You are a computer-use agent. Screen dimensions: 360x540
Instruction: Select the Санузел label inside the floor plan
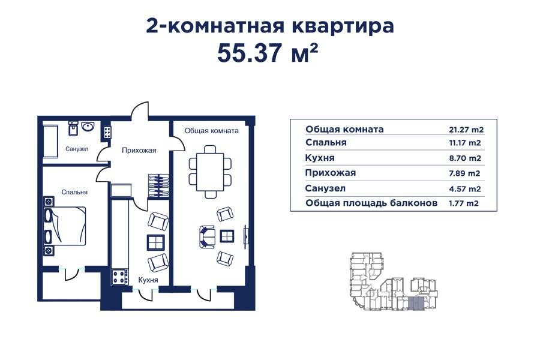coord(77,149)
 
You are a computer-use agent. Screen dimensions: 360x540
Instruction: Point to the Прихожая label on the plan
coord(139,151)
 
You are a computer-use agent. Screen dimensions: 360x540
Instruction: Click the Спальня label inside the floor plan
coord(74,192)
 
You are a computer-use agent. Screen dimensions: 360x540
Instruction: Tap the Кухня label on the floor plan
coord(148,280)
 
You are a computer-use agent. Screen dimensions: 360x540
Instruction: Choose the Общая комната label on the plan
coord(212,130)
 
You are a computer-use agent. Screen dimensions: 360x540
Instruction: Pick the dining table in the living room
coord(209,171)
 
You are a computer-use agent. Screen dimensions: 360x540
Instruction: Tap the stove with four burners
coord(120,277)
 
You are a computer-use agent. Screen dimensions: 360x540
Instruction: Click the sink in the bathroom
coord(88,127)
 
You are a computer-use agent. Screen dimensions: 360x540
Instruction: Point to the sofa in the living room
coord(206,236)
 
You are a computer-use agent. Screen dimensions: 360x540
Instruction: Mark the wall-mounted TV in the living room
coord(244,235)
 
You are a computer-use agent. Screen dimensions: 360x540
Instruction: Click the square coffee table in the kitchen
coord(156,242)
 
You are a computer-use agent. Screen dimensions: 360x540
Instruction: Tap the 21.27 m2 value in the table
coord(466,130)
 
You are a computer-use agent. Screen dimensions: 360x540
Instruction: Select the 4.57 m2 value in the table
coord(466,188)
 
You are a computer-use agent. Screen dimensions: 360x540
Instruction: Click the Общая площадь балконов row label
coord(371,203)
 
